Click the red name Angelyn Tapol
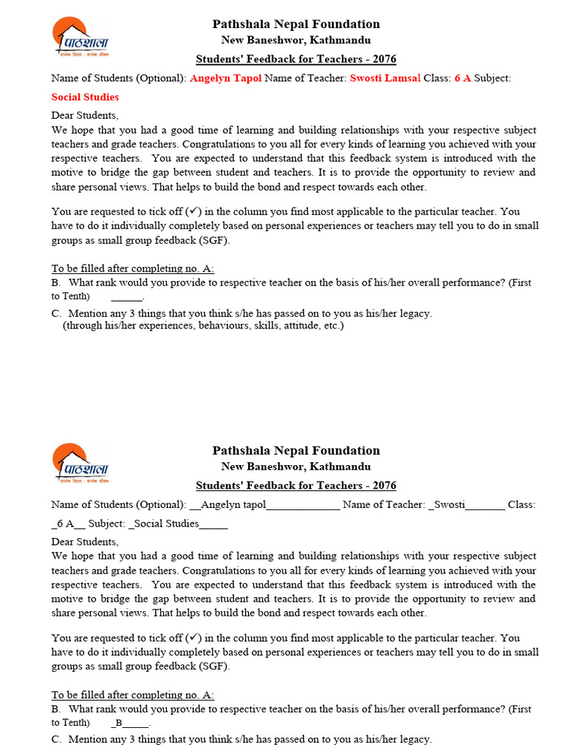(225, 78)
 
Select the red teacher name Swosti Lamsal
(385, 78)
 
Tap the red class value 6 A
(462, 78)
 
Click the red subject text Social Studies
(85, 97)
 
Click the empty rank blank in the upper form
(127, 297)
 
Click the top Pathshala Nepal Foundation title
(296, 24)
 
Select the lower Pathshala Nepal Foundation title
(296, 450)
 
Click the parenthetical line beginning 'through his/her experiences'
(203, 326)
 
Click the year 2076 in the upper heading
(383, 59)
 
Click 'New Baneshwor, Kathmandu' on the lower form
(296, 467)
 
